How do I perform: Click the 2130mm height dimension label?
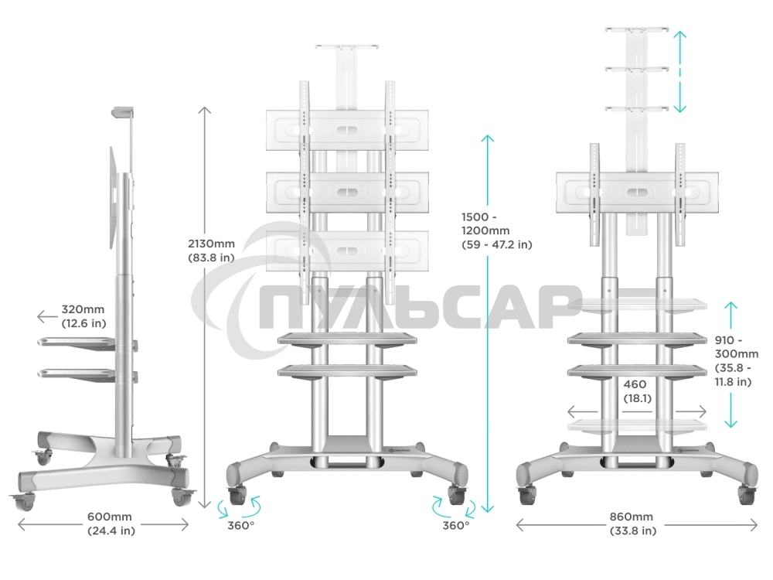212,250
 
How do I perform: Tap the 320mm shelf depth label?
83,316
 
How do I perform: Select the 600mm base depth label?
111,524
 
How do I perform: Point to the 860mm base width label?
632,524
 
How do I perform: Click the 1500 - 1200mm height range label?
496,230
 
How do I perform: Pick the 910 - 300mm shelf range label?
736,360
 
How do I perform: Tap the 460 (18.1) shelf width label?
637,391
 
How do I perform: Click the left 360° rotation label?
240,526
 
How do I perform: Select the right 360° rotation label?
455,526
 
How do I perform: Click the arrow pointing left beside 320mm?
47,316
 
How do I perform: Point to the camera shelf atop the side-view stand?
123,112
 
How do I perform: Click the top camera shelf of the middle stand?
346,48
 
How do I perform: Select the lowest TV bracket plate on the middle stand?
347,251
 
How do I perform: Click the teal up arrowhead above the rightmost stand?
679,36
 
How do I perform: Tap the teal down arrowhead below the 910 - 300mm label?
730,421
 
